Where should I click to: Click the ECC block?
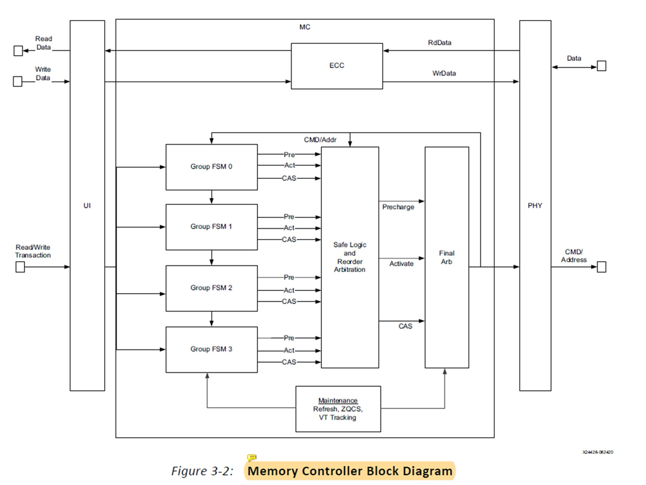pos(337,66)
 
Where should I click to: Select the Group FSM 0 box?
pos(211,167)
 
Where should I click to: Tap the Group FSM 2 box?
pos(211,288)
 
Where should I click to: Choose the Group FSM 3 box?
pos(211,350)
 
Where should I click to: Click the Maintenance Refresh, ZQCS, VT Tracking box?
pos(338,409)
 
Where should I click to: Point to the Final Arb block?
pos(447,257)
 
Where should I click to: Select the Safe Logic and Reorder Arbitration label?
pos(350,257)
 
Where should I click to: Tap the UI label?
pos(87,206)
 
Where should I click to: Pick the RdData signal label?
pos(439,42)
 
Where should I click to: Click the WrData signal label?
pos(444,73)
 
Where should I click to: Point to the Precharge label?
pos(398,208)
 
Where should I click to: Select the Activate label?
pos(401,264)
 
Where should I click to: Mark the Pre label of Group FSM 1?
pos(289,217)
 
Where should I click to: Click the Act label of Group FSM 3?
pos(289,351)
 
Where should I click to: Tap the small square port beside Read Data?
pos(18,51)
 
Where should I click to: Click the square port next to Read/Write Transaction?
pos(20,267)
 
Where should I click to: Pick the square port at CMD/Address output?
pos(600,267)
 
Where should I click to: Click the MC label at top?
pos(305,27)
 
